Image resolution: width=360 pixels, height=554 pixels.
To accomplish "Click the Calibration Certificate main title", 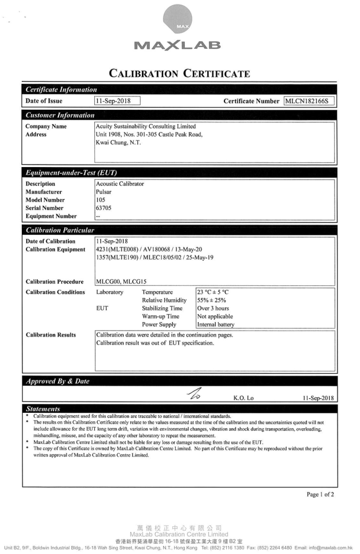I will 180,72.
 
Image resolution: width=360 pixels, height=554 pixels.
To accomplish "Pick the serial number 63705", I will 104,208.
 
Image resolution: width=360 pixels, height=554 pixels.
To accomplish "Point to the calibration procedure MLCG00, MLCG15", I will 122,281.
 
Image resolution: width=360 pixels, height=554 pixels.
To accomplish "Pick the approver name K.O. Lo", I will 243,396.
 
